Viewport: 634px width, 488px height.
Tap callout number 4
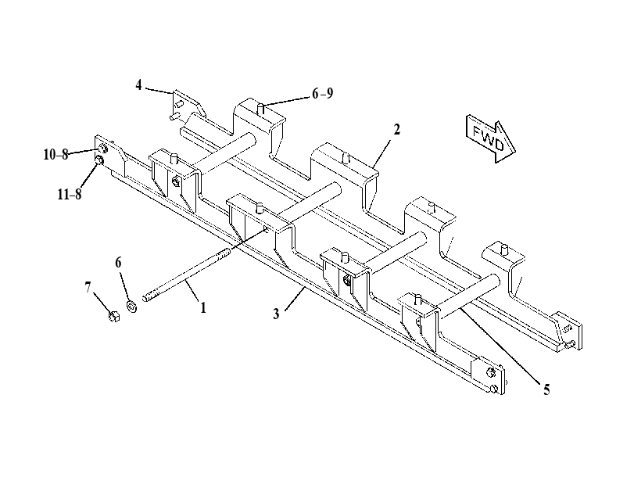[x=138, y=85]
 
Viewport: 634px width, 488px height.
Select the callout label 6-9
[x=322, y=94]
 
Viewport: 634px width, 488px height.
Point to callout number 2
[x=396, y=130]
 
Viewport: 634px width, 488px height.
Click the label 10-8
[x=56, y=154]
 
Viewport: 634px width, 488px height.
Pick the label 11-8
[x=69, y=194]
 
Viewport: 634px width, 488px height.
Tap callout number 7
[x=88, y=287]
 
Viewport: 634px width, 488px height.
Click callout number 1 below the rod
[x=203, y=308]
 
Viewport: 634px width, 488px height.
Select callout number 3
[x=276, y=314]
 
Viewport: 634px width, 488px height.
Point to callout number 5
[x=546, y=389]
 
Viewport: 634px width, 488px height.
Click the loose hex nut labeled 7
[x=114, y=316]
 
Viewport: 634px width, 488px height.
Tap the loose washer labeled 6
[x=131, y=307]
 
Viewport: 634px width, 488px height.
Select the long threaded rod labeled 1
[x=186, y=275]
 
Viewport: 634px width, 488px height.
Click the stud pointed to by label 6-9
[x=261, y=109]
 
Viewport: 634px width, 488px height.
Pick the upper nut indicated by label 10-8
[x=102, y=149]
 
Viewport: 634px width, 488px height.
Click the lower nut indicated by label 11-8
[x=99, y=161]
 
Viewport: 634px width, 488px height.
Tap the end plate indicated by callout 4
[x=187, y=106]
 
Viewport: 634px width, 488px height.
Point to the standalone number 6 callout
[x=118, y=263]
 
